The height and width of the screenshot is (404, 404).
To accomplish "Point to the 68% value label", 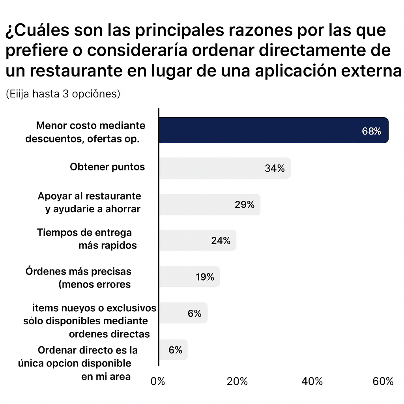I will tap(371, 131).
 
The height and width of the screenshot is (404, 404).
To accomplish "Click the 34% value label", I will tap(275, 168).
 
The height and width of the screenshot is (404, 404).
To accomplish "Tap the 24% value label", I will tap(221, 241).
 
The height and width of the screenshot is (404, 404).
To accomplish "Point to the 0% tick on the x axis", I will tap(158, 382).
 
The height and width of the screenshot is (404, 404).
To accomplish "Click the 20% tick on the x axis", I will tap(238, 382).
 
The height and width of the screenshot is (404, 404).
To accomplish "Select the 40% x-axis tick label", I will tap(312, 382).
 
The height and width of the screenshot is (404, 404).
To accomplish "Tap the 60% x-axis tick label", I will tap(383, 382).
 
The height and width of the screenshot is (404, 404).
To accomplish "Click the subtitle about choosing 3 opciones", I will tap(63, 94).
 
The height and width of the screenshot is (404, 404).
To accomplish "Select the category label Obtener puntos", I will tap(107, 167).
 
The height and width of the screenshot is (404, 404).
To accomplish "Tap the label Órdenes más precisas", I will tap(79, 271).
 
